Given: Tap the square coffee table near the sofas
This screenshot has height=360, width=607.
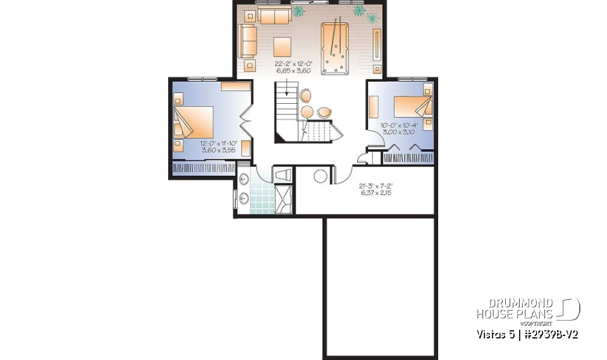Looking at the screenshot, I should click(x=282, y=46).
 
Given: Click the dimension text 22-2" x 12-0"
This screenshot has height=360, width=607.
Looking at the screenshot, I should click(x=293, y=64).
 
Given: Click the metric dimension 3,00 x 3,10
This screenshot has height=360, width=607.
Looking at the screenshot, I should click(x=398, y=132).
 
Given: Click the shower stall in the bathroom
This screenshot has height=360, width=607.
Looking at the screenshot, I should click(x=285, y=199).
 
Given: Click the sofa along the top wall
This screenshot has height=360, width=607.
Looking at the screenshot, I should click(x=274, y=16).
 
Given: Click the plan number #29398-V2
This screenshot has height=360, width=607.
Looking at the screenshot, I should click(x=549, y=334).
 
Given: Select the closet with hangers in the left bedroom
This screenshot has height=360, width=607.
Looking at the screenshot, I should click(x=202, y=168).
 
